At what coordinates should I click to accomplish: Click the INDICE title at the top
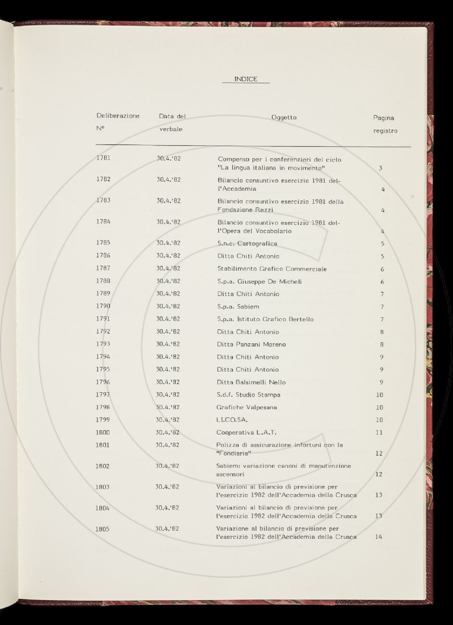click(x=245, y=79)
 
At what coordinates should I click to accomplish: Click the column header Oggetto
click(x=284, y=117)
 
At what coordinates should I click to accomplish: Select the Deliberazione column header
click(x=118, y=116)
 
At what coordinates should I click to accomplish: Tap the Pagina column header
click(x=383, y=118)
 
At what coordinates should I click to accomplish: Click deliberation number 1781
click(x=103, y=158)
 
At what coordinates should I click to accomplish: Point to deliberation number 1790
click(x=103, y=306)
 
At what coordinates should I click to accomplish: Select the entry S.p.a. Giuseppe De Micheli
click(x=259, y=282)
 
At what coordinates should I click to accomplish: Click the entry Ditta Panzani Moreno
click(x=251, y=344)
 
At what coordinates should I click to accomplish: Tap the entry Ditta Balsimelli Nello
click(x=251, y=382)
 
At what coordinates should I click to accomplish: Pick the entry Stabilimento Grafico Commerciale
click(x=272, y=269)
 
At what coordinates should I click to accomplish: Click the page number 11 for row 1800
click(x=379, y=433)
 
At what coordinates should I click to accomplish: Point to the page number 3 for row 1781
click(x=380, y=168)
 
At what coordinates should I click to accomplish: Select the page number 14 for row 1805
click(x=379, y=537)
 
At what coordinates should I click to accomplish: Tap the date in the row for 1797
click(x=168, y=395)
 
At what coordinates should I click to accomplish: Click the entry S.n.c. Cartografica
click(x=247, y=244)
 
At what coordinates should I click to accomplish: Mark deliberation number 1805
click(x=102, y=529)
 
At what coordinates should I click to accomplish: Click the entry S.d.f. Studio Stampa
click(x=248, y=395)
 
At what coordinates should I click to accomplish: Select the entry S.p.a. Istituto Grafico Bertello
click(x=265, y=319)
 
